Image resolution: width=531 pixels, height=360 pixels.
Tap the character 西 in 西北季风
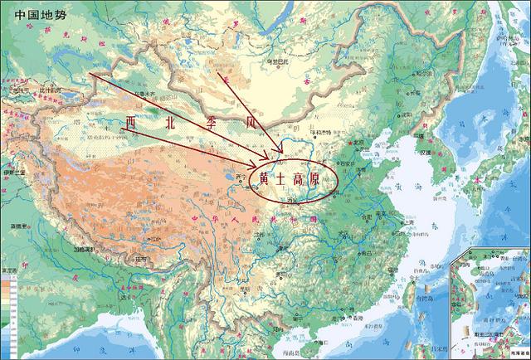tap(130, 123)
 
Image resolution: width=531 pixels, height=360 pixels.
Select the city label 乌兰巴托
tap(273, 61)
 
